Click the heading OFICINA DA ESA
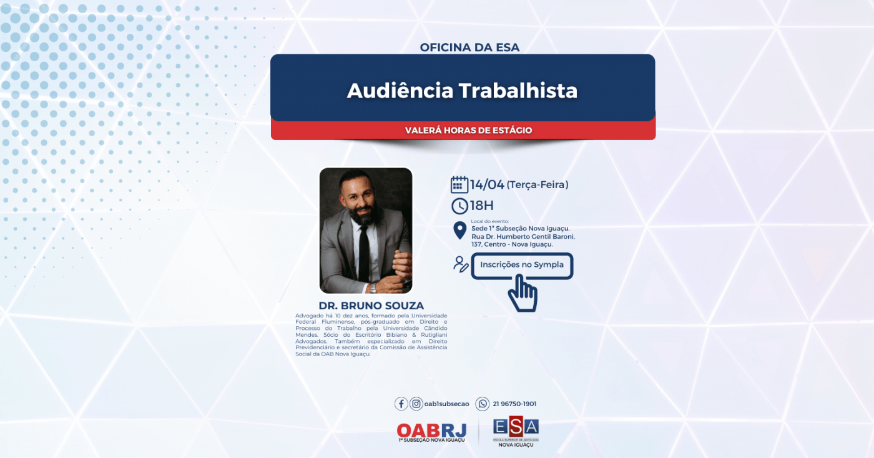click(469, 47)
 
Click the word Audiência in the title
click(400, 91)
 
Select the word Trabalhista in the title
click(518, 91)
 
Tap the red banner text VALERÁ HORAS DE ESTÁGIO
click(468, 131)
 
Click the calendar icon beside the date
click(459, 184)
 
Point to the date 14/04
click(487, 185)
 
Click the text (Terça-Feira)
click(538, 185)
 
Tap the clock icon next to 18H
click(459, 206)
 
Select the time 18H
click(481, 206)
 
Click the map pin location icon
click(460, 231)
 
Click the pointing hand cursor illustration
click(523, 292)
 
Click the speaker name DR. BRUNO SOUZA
click(371, 306)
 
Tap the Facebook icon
click(401, 404)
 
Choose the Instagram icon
click(416, 404)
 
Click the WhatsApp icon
click(483, 404)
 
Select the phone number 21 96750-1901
click(514, 404)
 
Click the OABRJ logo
click(431, 432)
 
